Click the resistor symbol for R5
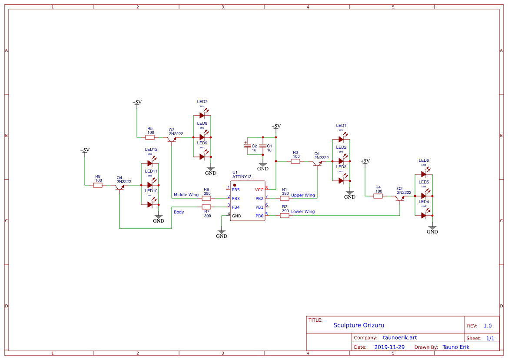[150, 137]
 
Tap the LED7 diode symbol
[202, 115]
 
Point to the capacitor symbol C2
[248, 146]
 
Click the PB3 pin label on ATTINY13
[236, 198]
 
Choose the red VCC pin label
[259, 190]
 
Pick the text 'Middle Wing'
[186, 195]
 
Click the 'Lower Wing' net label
[303, 212]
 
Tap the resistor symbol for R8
[98, 185]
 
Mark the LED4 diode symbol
[424, 215]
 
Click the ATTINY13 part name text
[242, 177]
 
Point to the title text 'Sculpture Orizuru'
[359, 325]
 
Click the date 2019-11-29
[389, 347]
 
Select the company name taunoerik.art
[400, 338]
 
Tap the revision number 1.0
[488, 326]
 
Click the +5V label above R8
[85, 150]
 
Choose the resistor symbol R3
[296, 161]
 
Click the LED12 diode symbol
[150, 163]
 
